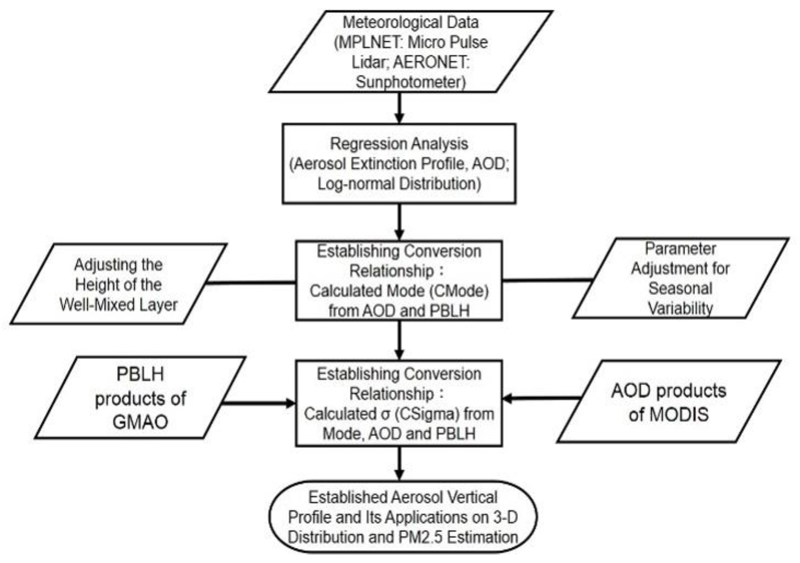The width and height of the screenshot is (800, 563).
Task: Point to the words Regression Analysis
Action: coord(399,144)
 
